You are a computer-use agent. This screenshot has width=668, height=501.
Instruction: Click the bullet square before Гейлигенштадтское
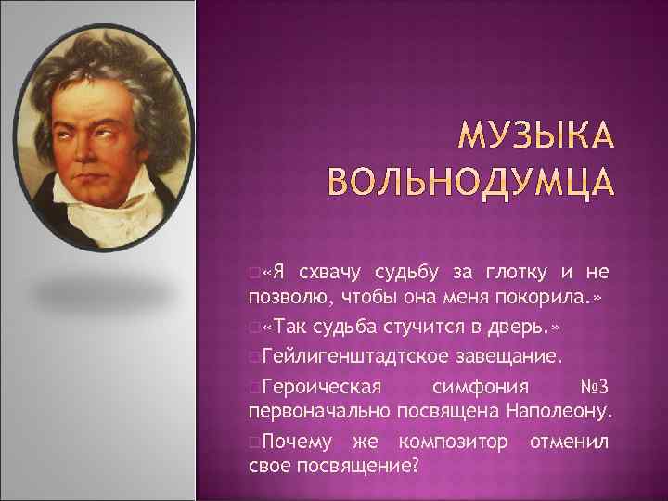coord(254,356)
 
